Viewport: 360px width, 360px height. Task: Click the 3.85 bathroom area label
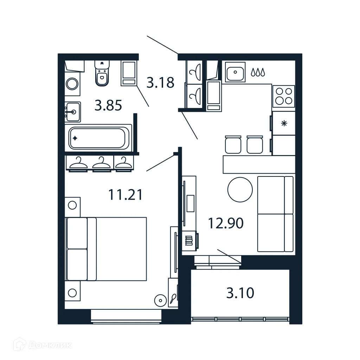tap(108, 105)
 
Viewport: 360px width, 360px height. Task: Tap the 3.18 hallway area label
tap(160, 83)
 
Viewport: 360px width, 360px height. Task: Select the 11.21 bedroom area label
tap(126, 194)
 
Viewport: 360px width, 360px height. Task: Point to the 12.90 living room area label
tap(226, 223)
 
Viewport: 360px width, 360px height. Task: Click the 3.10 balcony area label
tap(240, 292)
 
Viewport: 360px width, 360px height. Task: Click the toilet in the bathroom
tap(102, 73)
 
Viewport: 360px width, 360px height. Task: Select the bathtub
tap(97, 138)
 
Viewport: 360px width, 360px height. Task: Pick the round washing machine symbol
tap(72, 84)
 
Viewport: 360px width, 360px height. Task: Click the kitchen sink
tap(235, 73)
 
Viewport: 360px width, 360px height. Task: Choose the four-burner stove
tap(284, 96)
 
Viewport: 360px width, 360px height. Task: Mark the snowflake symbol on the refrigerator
tap(284, 123)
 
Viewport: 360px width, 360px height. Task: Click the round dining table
tap(240, 189)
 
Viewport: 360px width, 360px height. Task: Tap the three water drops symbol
tap(258, 72)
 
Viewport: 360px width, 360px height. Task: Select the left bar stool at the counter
tap(233, 144)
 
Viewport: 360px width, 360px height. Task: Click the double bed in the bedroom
tap(106, 249)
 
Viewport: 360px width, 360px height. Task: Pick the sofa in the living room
tap(275, 214)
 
